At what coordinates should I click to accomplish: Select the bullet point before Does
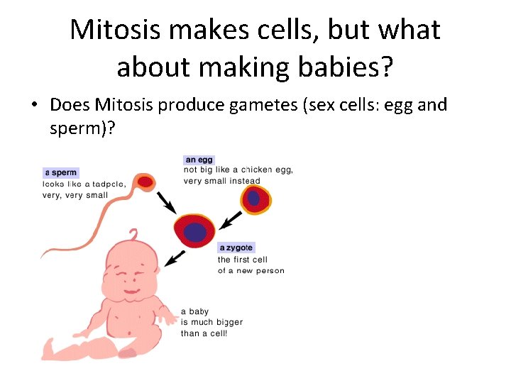(33, 106)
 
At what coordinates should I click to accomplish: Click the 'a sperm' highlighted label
(61, 172)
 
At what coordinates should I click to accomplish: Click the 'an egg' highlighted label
(199, 160)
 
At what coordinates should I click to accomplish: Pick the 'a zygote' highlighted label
(236, 248)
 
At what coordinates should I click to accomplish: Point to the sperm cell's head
(145, 182)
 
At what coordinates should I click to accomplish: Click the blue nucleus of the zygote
(195, 231)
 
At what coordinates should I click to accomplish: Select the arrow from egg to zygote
(231, 221)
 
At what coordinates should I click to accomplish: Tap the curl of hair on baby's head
(133, 235)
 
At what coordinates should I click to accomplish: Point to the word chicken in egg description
(256, 170)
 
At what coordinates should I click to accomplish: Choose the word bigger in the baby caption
(228, 322)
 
